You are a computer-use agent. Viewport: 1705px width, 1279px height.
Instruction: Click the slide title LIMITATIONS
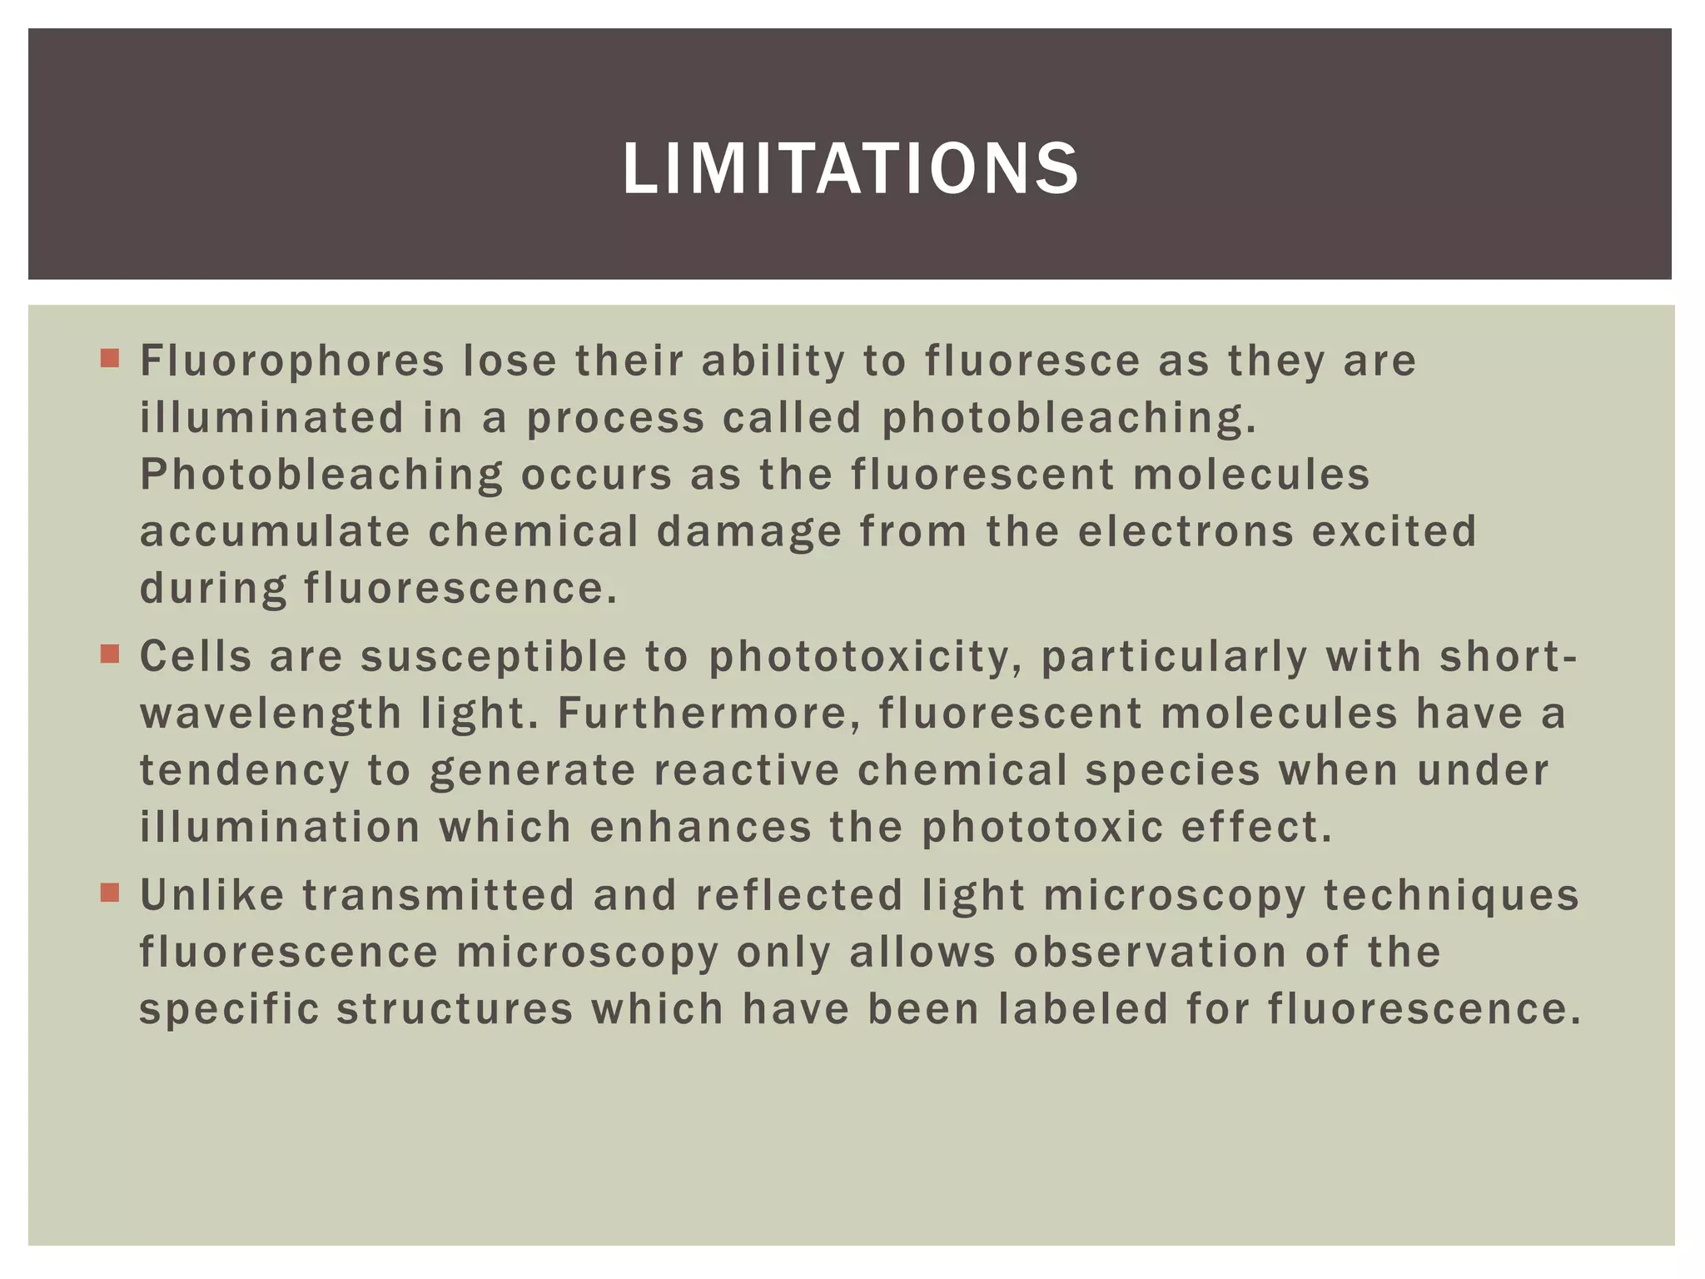(x=851, y=169)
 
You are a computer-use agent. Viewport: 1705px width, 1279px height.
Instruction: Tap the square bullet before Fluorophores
(x=109, y=359)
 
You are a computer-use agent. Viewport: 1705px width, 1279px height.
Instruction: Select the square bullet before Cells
(x=109, y=654)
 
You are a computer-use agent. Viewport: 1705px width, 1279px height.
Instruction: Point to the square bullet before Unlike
(x=109, y=893)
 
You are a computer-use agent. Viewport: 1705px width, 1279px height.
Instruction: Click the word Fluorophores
(x=292, y=361)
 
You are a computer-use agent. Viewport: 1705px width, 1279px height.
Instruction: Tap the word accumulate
(x=275, y=532)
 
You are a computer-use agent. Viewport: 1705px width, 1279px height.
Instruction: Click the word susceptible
(x=493, y=658)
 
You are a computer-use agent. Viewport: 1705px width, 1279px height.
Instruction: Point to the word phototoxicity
(x=865, y=658)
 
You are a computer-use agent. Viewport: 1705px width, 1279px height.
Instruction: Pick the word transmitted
(x=438, y=896)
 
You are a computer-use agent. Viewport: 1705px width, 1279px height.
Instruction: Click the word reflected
(x=799, y=896)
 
